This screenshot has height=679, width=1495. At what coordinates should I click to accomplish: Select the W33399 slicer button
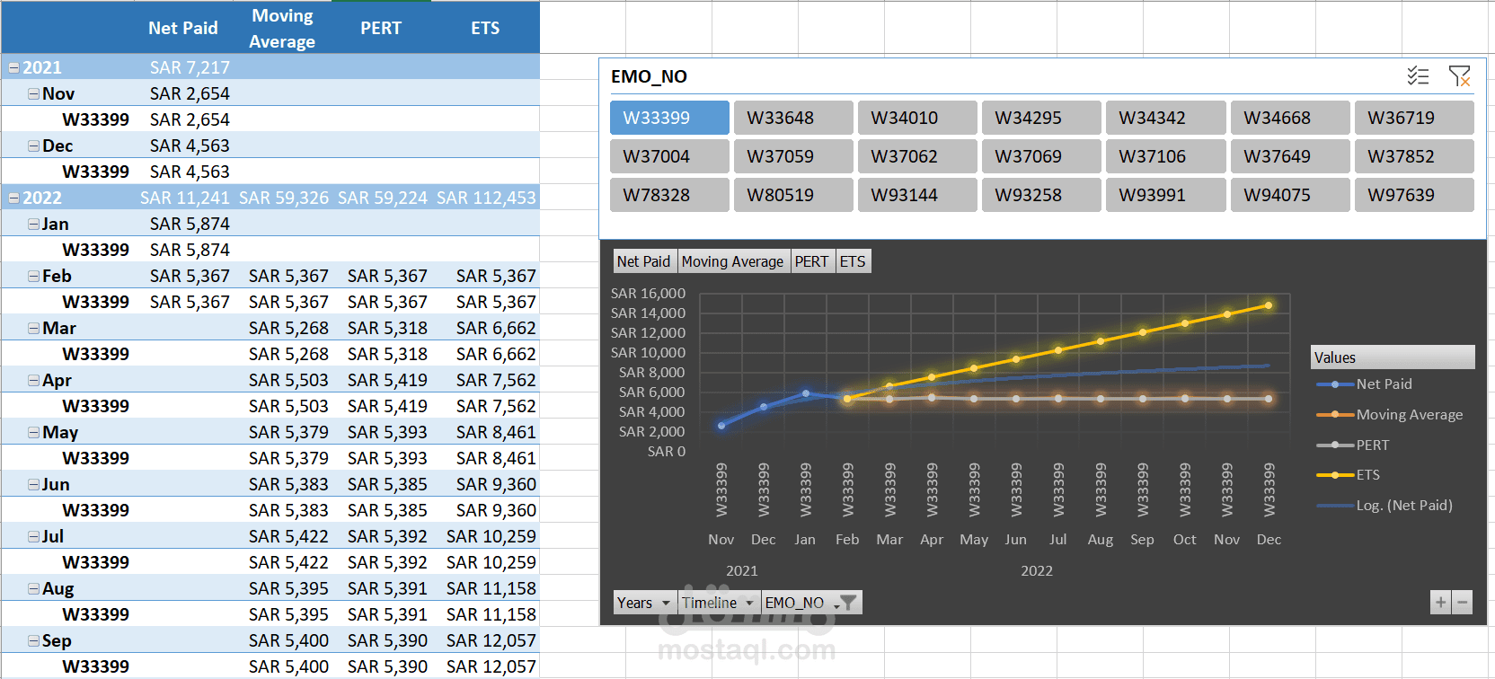668,118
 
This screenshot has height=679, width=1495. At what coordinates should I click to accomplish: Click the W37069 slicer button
1040,156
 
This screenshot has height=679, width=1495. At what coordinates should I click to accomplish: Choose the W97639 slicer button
1413,195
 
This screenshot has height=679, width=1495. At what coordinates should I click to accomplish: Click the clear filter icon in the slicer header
1459,76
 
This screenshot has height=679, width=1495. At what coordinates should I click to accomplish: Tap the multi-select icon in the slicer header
1418,76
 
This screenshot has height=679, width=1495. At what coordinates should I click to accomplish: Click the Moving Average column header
282,28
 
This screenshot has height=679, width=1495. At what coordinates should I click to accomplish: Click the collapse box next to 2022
13,198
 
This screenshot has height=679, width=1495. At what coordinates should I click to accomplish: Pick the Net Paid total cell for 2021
190,67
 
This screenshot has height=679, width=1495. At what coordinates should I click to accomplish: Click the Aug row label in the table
57,588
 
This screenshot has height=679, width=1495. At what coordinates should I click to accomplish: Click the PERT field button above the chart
811,261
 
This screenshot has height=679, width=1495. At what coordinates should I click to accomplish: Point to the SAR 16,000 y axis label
648,294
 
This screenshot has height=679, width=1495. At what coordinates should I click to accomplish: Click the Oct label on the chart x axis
1184,539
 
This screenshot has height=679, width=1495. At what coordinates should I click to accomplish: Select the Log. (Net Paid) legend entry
1403,506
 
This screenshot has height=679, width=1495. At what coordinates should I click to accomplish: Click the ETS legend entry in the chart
1367,475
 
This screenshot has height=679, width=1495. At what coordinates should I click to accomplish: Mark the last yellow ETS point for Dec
1269,305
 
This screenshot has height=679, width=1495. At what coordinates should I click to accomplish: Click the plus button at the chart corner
1440,603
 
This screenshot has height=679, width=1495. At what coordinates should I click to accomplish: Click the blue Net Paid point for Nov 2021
721,426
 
